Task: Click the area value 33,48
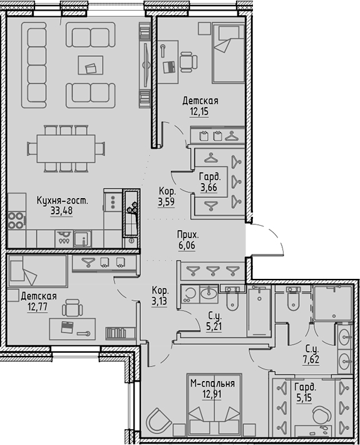[61, 211]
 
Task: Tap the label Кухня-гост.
[63, 201]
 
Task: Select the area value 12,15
[199, 112]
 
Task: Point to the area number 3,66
[208, 187]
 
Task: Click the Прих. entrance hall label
[188, 235]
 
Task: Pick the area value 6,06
[187, 245]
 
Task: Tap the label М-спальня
[213, 384]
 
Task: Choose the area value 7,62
[311, 359]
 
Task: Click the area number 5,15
[304, 397]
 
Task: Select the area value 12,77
[38, 306]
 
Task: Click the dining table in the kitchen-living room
[66, 149]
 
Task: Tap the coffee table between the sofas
[91, 65]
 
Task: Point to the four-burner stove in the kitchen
[16, 221]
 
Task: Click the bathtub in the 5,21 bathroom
[259, 311]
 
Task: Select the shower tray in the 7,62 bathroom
[333, 303]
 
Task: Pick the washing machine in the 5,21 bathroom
[190, 294]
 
